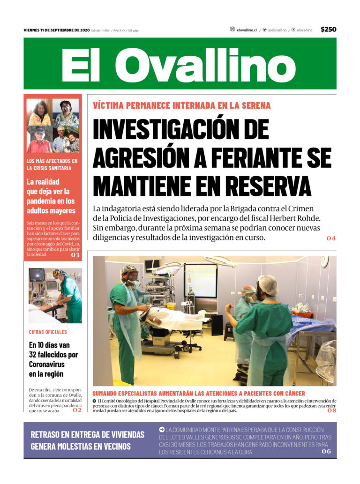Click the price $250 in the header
(x=328, y=30)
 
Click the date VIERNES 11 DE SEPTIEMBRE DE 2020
(x=56, y=30)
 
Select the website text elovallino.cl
(x=247, y=30)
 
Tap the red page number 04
(x=331, y=238)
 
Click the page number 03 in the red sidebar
(x=75, y=255)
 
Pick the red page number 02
(x=77, y=410)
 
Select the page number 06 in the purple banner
(x=326, y=451)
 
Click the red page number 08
(x=332, y=410)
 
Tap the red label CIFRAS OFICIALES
(x=48, y=332)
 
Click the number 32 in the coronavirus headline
(x=34, y=355)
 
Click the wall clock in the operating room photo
(x=325, y=262)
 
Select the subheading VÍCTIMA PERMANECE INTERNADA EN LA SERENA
(x=182, y=105)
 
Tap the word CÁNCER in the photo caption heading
(x=292, y=394)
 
